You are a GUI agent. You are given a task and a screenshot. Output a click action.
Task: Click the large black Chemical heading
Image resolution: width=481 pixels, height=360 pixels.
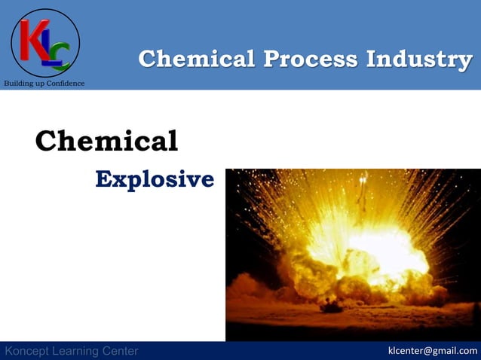tap(106, 141)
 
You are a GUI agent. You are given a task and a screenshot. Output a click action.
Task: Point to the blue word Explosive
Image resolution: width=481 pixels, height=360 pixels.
tap(155, 179)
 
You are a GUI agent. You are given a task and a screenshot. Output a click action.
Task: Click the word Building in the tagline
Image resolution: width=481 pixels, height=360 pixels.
tap(17, 83)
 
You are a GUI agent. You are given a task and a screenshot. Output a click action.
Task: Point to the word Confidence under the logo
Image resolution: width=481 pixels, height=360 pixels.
tap(66, 83)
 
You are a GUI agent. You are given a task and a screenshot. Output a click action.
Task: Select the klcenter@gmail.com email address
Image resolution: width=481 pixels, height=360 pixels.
tap(432, 351)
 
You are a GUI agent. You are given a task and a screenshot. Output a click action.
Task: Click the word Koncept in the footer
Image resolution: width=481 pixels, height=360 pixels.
tap(28, 351)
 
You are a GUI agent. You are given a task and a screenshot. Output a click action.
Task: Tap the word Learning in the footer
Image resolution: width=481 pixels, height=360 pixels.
tap(78, 351)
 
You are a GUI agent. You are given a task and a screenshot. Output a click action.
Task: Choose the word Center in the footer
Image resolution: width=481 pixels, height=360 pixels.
tap(121, 351)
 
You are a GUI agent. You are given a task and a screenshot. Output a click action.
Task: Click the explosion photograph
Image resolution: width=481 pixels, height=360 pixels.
tap(353, 255)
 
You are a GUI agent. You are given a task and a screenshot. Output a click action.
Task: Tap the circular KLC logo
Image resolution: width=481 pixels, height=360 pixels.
tap(45, 43)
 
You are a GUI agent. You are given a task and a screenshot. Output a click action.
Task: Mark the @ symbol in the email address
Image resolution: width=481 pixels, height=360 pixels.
tap(428, 351)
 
